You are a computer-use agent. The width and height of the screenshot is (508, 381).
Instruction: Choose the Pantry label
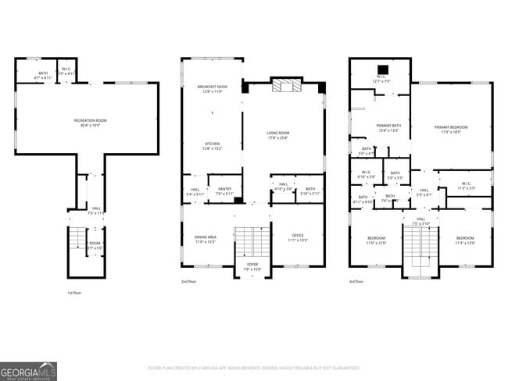point(224,190)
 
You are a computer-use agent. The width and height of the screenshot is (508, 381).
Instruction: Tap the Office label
point(298,237)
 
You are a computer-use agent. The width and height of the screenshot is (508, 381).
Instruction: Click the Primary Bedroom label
point(451,130)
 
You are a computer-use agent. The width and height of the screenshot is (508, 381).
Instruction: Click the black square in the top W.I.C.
point(381,68)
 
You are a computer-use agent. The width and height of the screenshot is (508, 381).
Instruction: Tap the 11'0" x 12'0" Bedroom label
point(377,240)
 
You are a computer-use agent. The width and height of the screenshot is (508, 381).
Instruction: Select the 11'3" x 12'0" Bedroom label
point(465,240)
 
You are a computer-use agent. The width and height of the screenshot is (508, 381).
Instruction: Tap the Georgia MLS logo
point(29,371)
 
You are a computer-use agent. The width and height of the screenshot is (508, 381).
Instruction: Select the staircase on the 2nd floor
point(252,244)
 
